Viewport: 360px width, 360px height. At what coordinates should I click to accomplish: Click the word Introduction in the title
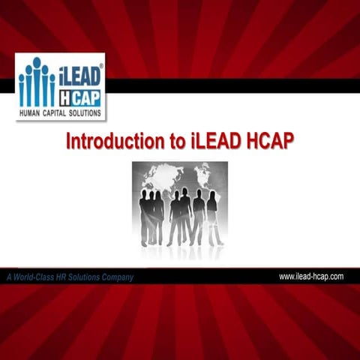click(112, 142)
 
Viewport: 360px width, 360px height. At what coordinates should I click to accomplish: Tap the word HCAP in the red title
click(272, 142)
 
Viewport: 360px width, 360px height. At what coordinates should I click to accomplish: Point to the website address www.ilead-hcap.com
click(311, 277)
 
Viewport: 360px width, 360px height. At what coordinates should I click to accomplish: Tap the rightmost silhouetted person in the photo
click(214, 217)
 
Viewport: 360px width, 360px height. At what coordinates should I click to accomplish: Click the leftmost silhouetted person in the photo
click(144, 217)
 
